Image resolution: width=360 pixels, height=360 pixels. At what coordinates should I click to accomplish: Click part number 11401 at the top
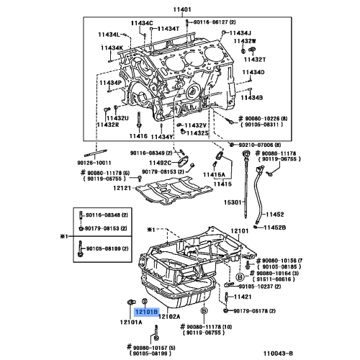point(183,10)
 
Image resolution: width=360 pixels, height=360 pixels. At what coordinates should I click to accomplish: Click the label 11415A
point(214,175)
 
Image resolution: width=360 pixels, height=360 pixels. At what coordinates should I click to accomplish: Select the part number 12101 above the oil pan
point(239,230)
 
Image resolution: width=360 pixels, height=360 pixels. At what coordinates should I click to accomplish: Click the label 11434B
point(253,96)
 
